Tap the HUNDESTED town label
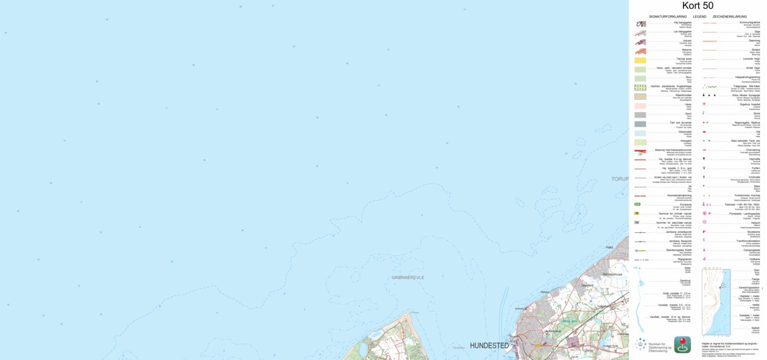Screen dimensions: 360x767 (x=489, y=345)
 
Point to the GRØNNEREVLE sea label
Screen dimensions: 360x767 (x=407, y=277)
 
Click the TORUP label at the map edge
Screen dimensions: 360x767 (x=620, y=179)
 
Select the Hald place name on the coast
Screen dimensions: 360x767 (x=610, y=247)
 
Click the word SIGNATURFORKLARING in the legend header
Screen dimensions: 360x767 (x=666, y=16)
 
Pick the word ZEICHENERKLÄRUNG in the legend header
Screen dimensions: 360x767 (x=730, y=16)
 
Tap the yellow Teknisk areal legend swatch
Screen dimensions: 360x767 (x=641, y=60)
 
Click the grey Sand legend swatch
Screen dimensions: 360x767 (x=641, y=115)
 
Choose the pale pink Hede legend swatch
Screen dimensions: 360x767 (x=641, y=106)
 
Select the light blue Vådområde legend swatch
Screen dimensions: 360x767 (x=641, y=133)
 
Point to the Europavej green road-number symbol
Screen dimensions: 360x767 (x=637, y=204)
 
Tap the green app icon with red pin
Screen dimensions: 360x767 (x=682, y=344)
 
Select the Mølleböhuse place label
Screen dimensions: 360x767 (x=612, y=274)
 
